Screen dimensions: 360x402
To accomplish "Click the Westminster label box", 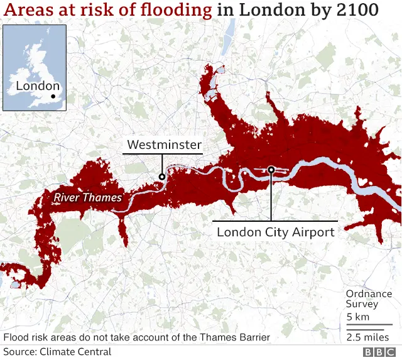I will (164, 145).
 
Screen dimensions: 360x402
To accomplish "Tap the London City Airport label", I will (275, 232).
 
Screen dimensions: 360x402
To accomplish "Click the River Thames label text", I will (87, 197).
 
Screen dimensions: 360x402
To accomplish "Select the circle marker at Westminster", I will (162, 177).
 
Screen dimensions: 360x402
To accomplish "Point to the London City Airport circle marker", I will (271, 169).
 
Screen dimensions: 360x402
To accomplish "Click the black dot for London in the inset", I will (53, 97).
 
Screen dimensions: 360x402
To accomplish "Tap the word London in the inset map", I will (37, 86).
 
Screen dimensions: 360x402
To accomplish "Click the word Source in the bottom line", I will (19, 352).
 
